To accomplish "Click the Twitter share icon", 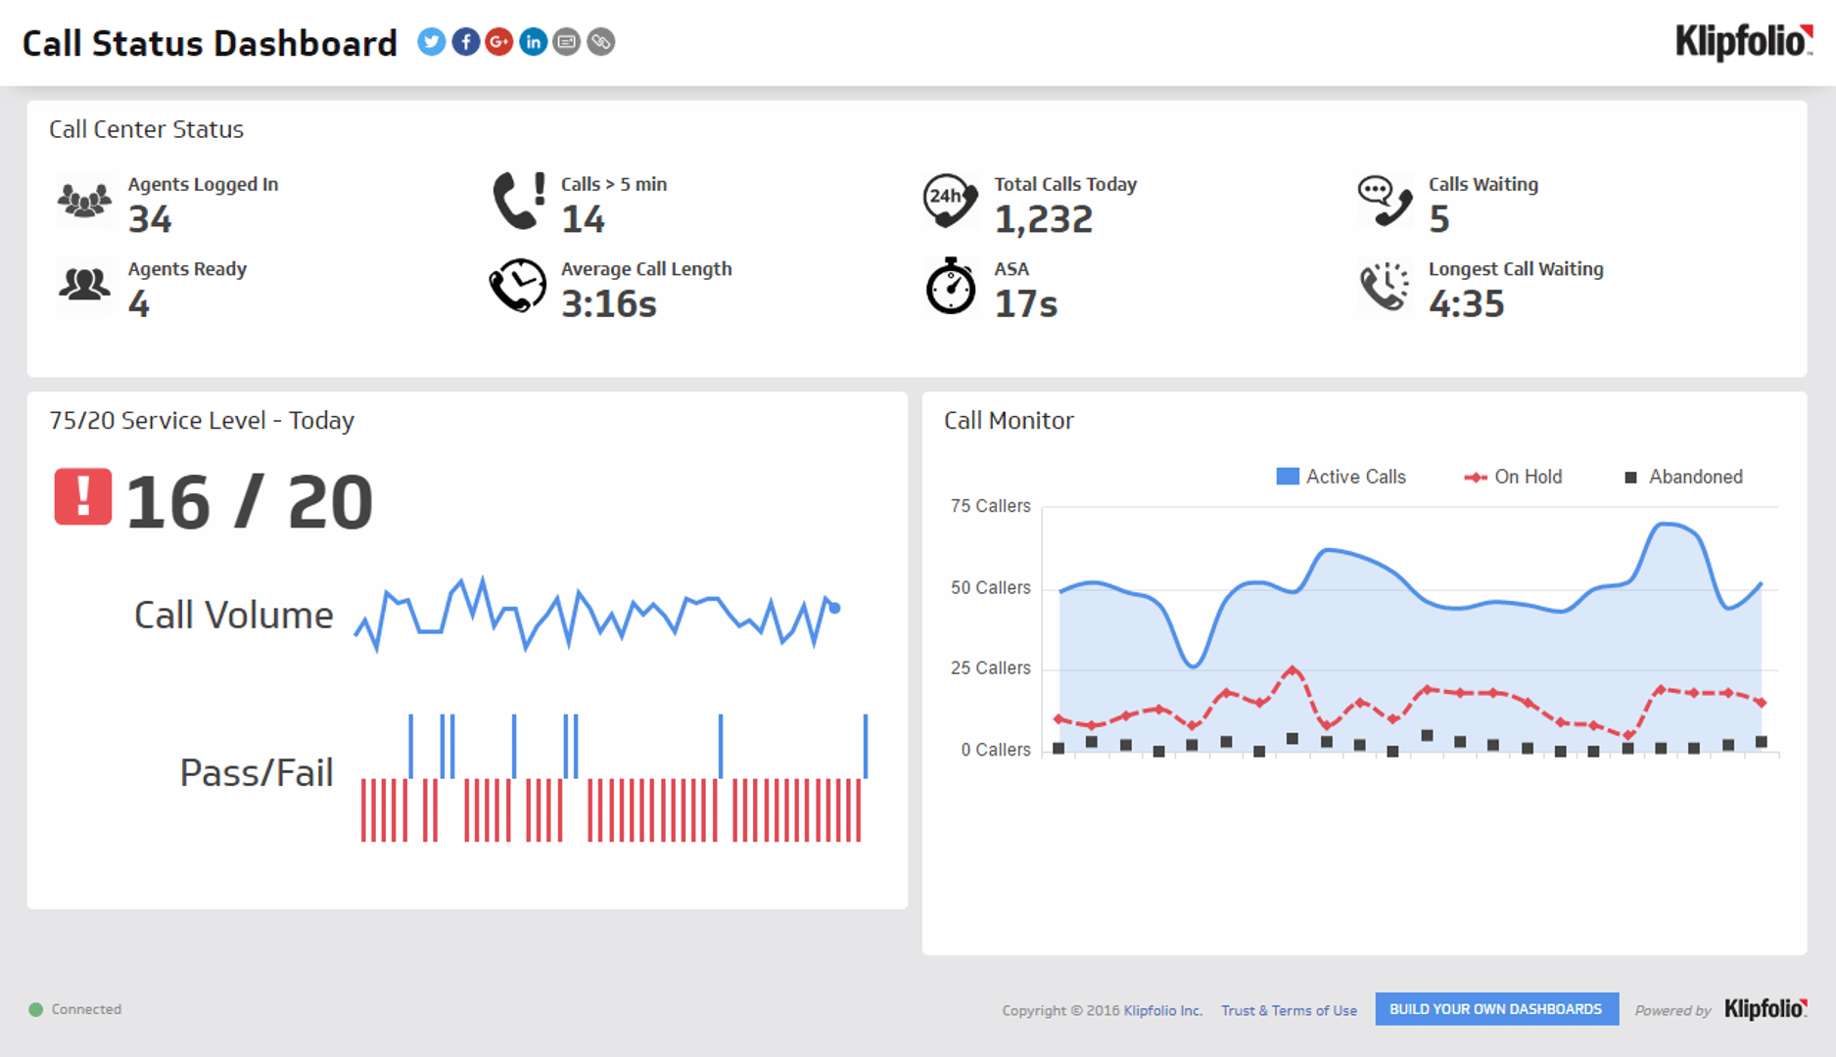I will coord(431,42).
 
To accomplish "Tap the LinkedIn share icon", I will coord(533,42).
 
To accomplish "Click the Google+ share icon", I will coord(498,42).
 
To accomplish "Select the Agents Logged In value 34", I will coord(150,219).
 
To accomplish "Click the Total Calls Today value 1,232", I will coord(1043,219).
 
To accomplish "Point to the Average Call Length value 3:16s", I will coord(608,304).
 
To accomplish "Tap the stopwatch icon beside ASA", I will coord(950,287).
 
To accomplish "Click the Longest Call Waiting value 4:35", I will coord(1466,304).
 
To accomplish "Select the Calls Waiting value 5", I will coord(1438,219).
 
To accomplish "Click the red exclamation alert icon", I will coord(83,497).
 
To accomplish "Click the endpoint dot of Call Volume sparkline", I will coord(834,608).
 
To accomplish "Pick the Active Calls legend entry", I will coord(1342,477).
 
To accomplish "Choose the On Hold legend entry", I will coord(1513,477).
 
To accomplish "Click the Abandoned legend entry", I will coord(1683,477).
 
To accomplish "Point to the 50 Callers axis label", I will coord(990,587).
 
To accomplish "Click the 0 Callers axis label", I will coord(995,750).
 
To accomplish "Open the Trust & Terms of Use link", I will coord(1289,1010).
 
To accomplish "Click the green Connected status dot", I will coord(36,1009).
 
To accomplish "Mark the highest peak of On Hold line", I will coord(1293,670).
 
